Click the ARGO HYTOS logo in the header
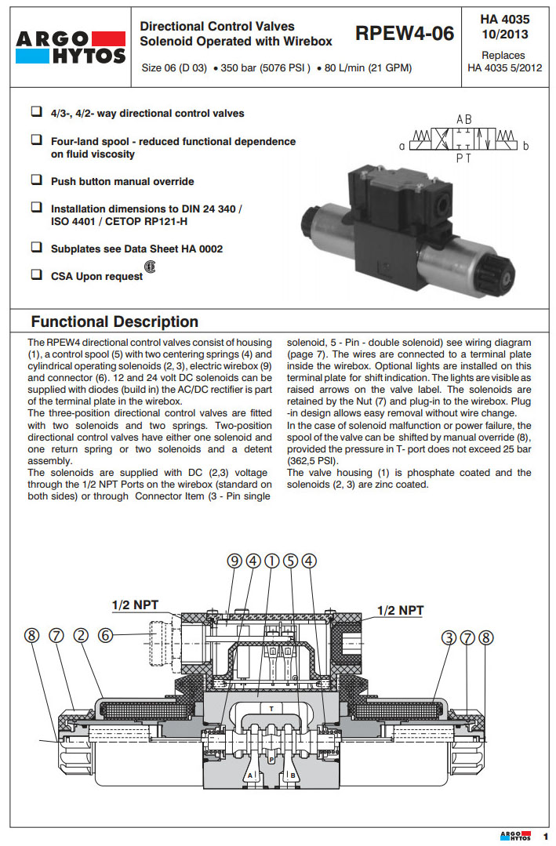[70, 46]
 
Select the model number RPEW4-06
[404, 34]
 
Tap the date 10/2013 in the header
[503, 34]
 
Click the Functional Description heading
[114, 321]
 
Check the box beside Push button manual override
[36, 180]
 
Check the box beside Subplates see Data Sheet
[36, 248]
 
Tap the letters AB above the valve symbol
[464, 119]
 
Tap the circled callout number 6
[106, 637]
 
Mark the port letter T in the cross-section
[271, 707]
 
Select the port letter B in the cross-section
[293, 775]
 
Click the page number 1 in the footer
[546, 837]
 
